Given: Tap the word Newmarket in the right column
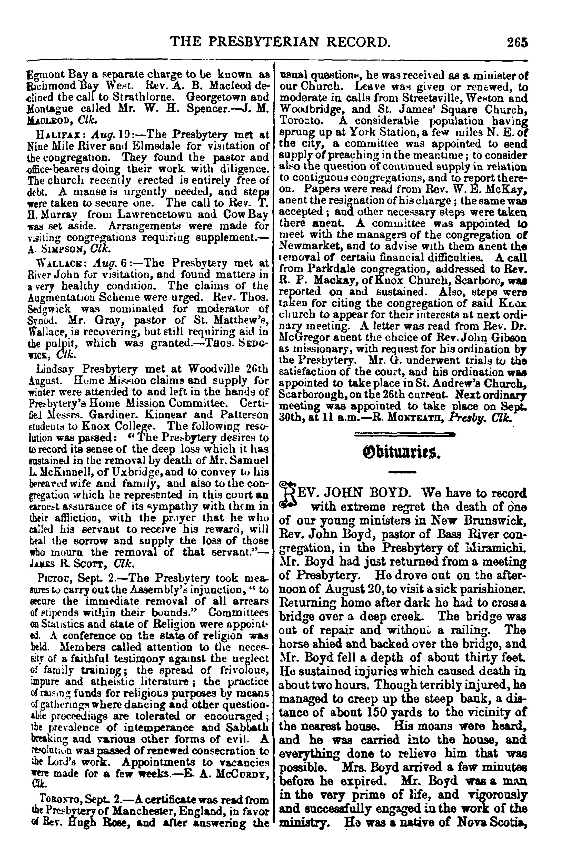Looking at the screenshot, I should pyautogui.click(x=308, y=246).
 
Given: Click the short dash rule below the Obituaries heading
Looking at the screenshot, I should pyautogui.click(x=403, y=472).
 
